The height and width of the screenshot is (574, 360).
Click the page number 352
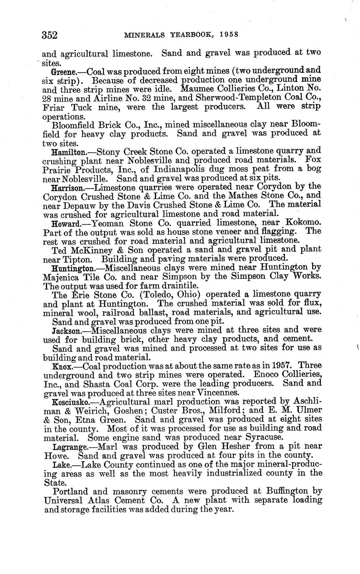click(50, 35)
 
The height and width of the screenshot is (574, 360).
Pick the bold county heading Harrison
click(67, 188)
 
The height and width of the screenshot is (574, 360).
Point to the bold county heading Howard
click(65, 224)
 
